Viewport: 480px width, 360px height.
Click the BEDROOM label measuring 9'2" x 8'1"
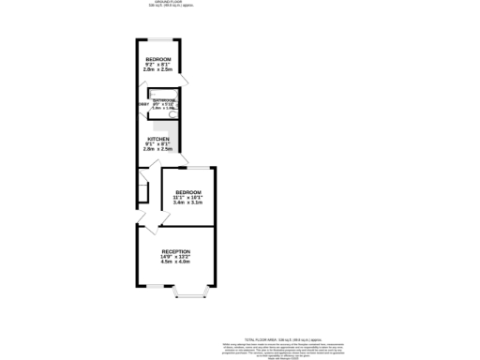pyautogui.click(x=157, y=58)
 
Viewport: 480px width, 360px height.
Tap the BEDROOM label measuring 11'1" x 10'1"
pyautogui.click(x=188, y=191)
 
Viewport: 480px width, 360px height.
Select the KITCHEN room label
pyautogui.click(x=157, y=139)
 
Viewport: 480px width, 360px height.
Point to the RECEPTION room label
pyautogui.click(x=176, y=251)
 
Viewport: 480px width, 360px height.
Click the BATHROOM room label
pyautogui.click(x=165, y=99)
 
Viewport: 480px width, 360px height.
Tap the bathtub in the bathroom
pyautogui.click(x=165, y=113)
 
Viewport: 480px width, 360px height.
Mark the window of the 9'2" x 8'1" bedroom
pyautogui.click(x=160, y=39)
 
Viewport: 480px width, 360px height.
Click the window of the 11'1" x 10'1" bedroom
pyautogui.click(x=198, y=167)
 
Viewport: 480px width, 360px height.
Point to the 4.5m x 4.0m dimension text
pyautogui.click(x=176, y=262)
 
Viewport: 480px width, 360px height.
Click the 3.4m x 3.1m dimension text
pyautogui.click(x=188, y=202)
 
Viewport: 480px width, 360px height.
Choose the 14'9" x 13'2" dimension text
pyautogui.click(x=176, y=257)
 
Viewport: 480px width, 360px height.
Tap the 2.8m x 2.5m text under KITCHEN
pyautogui.click(x=157, y=150)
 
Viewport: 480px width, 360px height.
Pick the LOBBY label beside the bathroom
pyautogui.click(x=143, y=104)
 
